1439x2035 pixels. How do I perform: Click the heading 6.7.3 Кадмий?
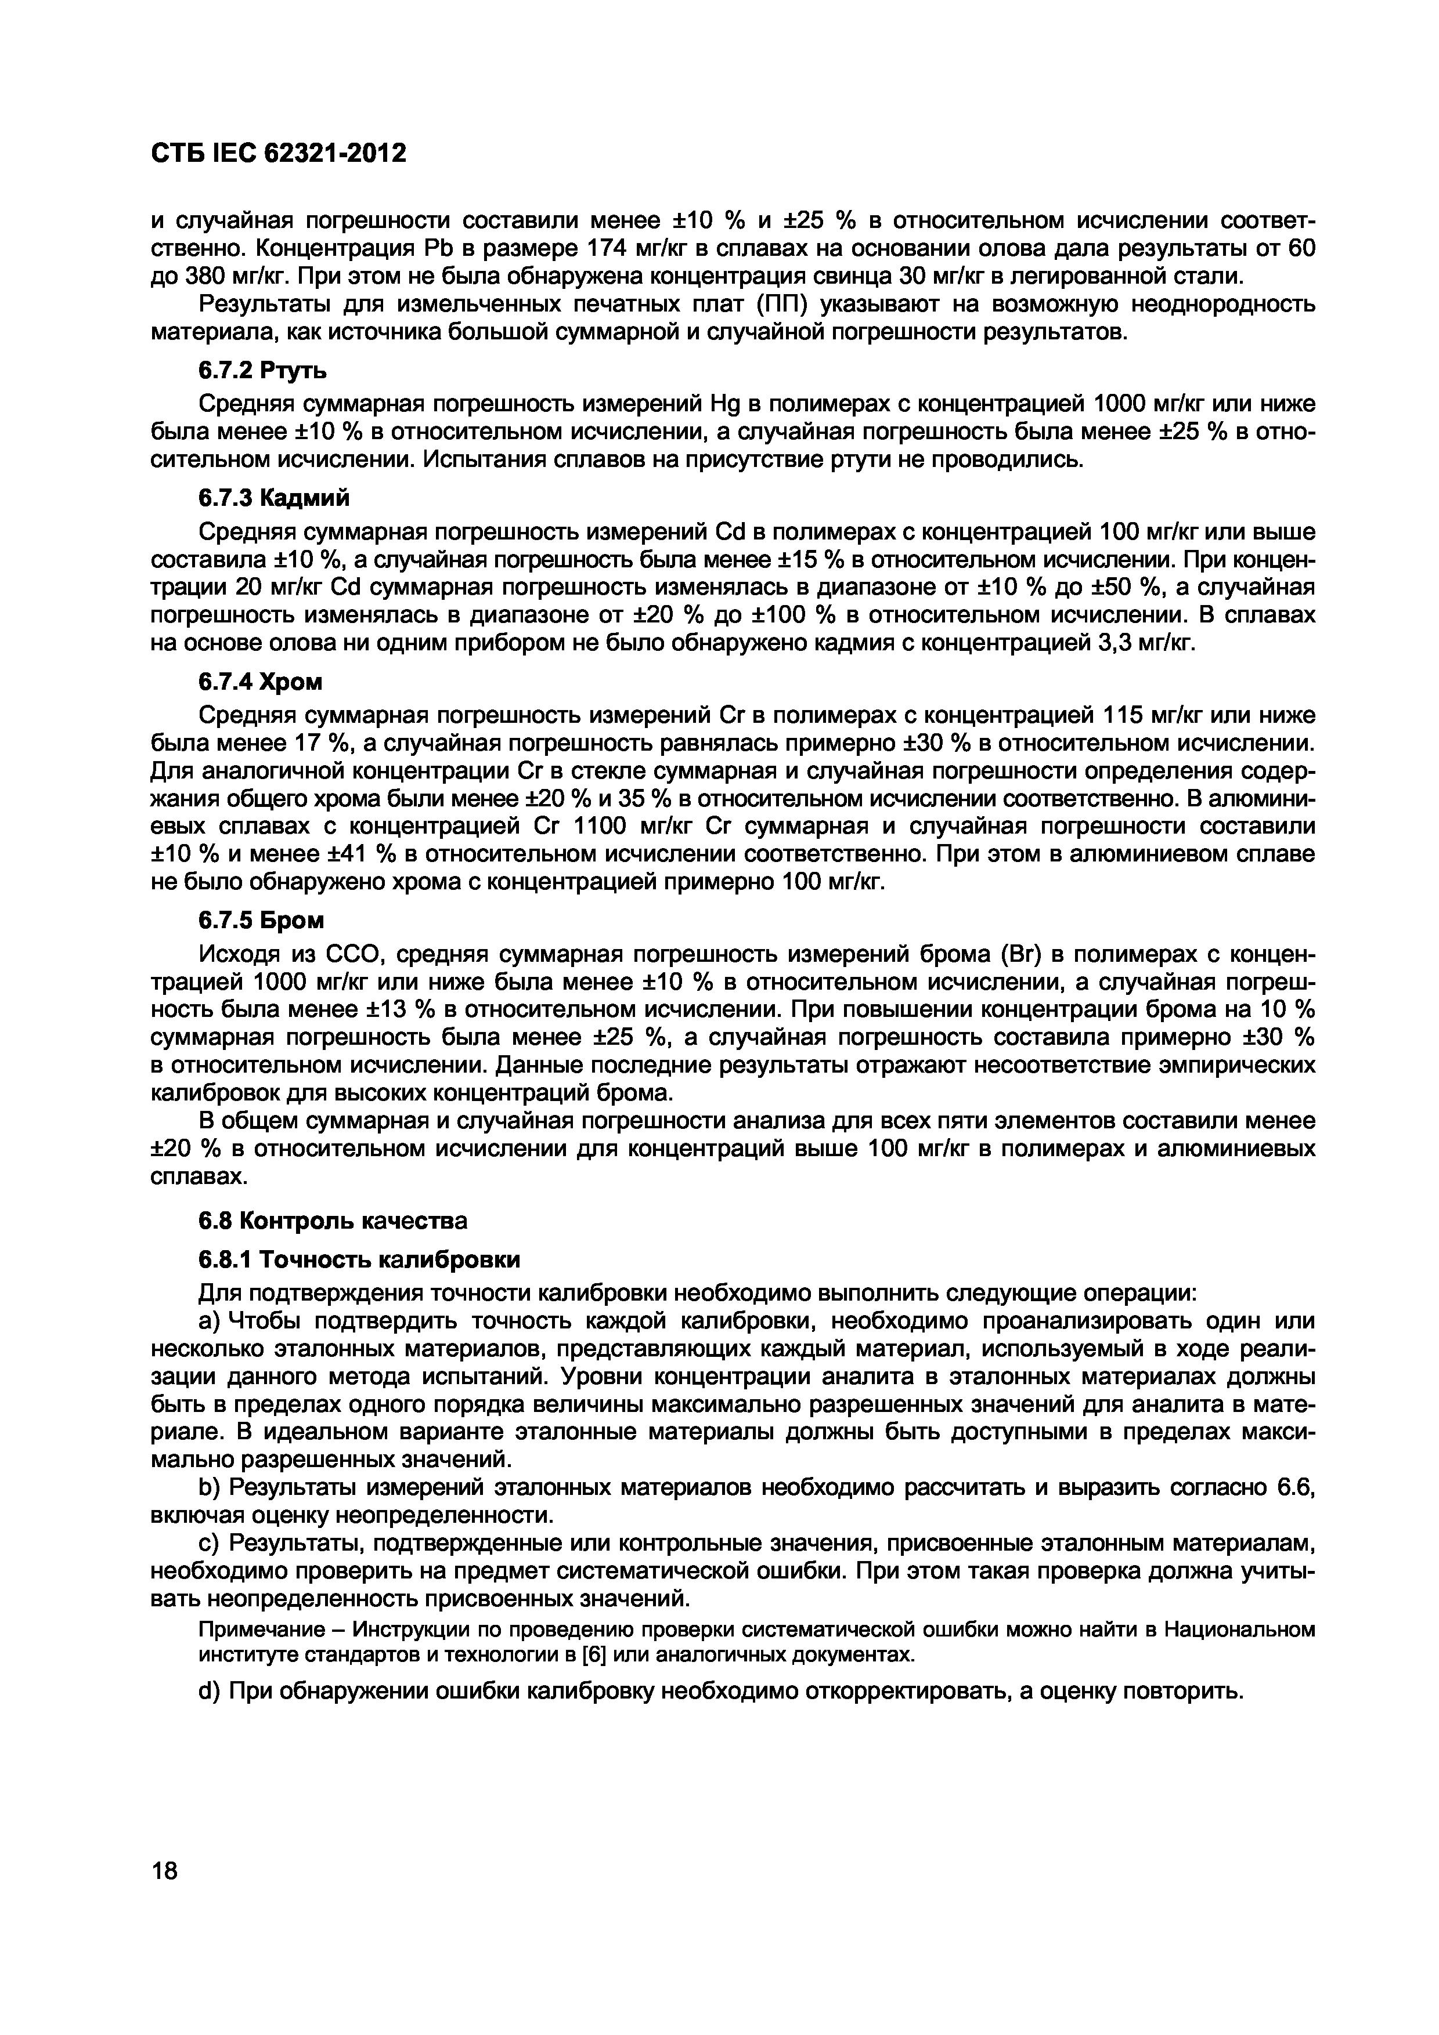(x=273, y=498)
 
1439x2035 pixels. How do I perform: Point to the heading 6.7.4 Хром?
(x=260, y=682)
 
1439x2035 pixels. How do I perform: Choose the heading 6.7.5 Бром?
(x=261, y=921)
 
